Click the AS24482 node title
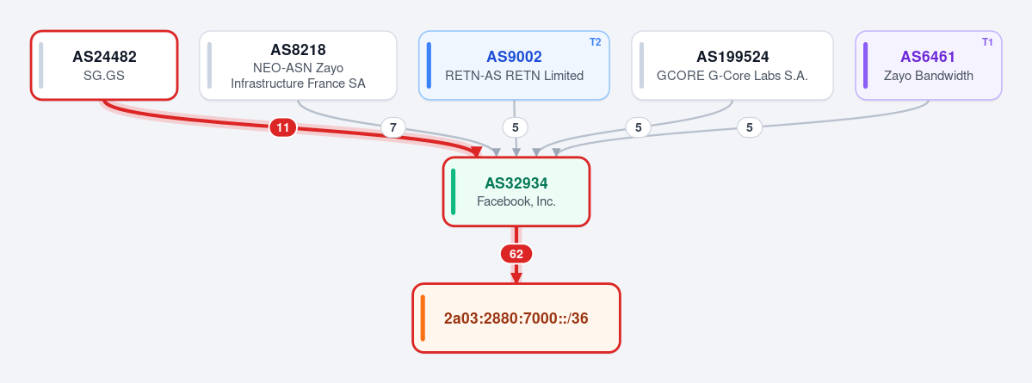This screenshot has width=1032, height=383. click(104, 57)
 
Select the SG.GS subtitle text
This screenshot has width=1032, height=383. click(104, 76)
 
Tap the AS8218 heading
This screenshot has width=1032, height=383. click(298, 49)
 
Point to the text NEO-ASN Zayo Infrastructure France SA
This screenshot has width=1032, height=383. click(298, 76)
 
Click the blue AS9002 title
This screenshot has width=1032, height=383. click(514, 57)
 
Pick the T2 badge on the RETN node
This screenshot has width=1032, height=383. click(595, 42)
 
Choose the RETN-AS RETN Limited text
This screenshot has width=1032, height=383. click(514, 76)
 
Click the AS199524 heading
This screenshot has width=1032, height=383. click(732, 57)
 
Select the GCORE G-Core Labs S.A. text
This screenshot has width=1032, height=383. click(732, 76)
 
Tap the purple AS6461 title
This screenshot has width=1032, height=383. click(928, 57)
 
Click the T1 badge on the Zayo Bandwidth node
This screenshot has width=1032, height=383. click(987, 42)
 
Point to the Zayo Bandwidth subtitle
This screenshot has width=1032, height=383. click(928, 76)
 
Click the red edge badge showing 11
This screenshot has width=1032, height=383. click(283, 127)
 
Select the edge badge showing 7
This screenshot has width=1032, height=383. click(393, 127)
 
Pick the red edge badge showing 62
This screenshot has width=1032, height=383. click(516, 254)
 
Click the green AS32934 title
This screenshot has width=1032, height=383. click(516, 183)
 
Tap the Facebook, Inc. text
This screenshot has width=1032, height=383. click(516, 202)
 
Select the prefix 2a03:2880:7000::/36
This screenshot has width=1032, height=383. click(516, 318)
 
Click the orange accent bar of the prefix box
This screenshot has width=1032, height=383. click(423, 318)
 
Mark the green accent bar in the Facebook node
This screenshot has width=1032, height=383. click(453, 191)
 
